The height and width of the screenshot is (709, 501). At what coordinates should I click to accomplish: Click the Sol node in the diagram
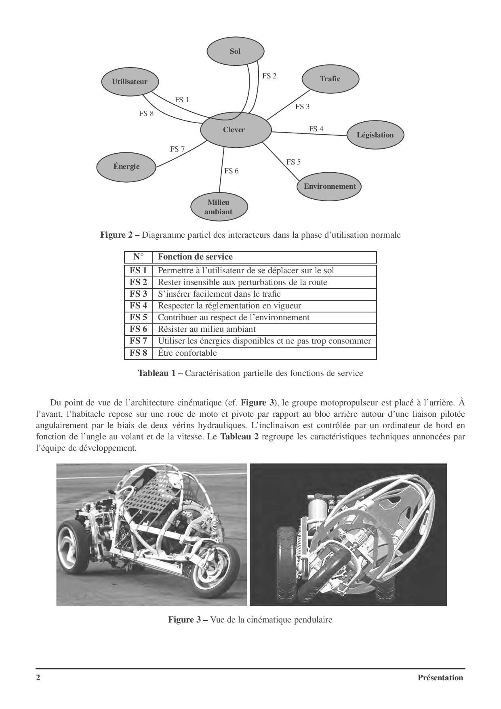[236, 51]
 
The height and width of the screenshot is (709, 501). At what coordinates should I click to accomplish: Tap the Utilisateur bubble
[130, 81]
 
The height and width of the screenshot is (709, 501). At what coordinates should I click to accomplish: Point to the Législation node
[375, 135]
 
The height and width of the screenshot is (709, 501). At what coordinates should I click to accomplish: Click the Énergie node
[126, 167]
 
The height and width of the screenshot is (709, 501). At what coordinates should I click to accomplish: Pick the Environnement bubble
[330, 186]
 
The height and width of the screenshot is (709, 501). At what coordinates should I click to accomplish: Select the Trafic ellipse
[330, 79]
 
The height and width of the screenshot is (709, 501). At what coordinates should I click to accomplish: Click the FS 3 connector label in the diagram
[302, 107]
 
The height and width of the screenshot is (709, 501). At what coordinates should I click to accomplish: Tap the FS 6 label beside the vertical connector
[232, 171]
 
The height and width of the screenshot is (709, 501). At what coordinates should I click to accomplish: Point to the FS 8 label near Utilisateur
[146, 114]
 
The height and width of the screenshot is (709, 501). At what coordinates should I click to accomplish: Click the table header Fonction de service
[195, 257]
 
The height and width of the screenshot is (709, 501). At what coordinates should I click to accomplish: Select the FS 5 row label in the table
[138, 318]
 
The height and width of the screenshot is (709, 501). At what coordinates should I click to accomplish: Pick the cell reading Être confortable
[187, 353]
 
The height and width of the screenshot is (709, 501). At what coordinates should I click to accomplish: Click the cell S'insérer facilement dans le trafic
[219, 294]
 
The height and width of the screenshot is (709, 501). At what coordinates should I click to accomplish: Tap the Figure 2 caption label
[120, 235]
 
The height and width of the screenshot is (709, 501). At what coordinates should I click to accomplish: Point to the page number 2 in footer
[38, 678]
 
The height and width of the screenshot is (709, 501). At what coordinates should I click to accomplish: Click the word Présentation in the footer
[440, 678]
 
